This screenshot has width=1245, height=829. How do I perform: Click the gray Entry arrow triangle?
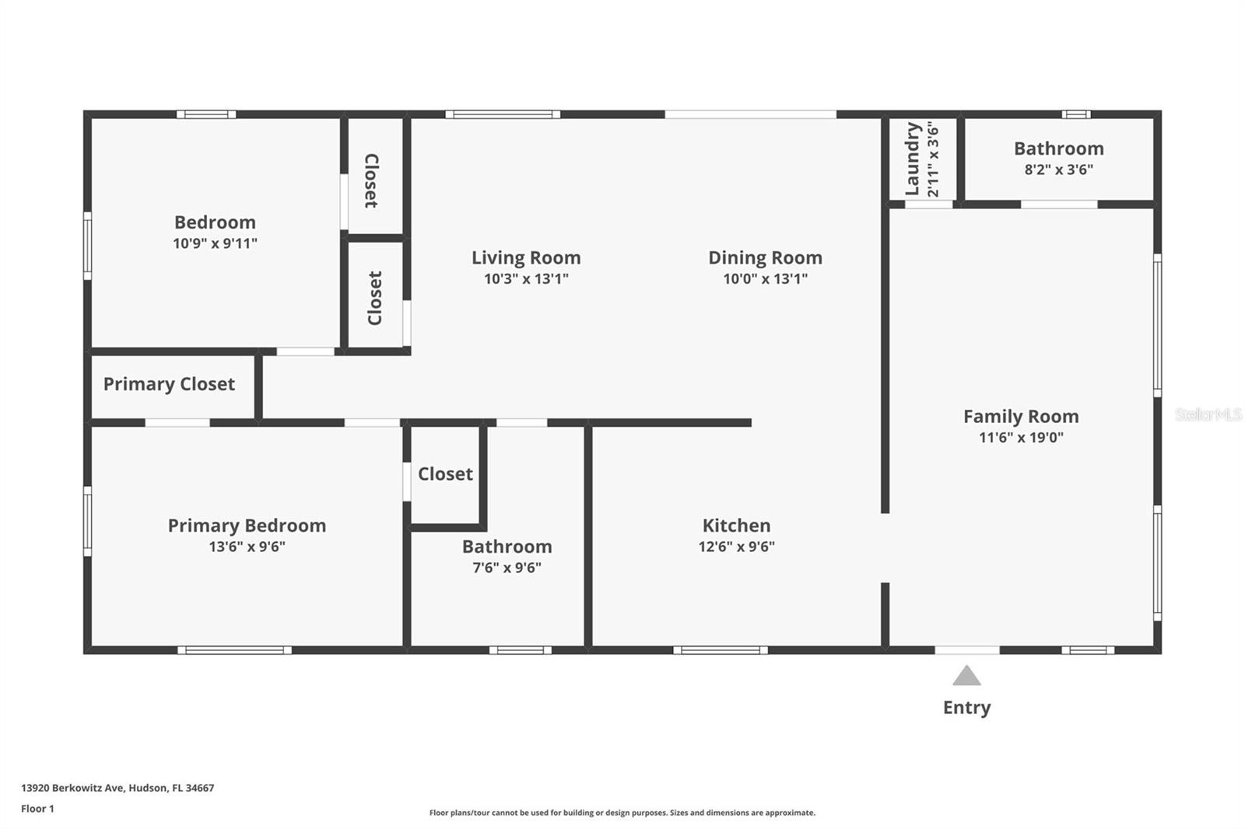(x=966, y=676)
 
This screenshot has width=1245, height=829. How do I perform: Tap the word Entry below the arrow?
(x=966, y=708)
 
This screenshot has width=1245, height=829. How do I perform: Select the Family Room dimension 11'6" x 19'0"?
(x=1021, y=438)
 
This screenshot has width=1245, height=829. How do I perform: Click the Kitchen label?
(x=736, y=526)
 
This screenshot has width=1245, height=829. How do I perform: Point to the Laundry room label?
(x=913, y=159)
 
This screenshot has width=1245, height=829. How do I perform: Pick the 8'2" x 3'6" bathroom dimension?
(x=1058, y=170)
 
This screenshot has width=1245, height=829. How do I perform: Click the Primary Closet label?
(x=169, y=384)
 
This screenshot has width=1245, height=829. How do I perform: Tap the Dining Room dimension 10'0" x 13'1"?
(x=765, y=279)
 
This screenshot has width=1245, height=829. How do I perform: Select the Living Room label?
(x=526, y=257)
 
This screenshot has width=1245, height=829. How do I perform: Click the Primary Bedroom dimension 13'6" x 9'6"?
(x=247, y=547)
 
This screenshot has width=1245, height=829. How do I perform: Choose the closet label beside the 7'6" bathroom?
(x=445, y=474)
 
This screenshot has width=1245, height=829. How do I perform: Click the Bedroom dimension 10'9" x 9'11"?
(x=215, y=243)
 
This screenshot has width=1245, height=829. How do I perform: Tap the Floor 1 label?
(x=37, y=809)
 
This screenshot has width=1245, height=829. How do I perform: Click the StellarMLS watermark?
(x=1208, y=415)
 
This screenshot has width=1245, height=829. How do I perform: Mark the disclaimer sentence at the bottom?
(x=622, y=813)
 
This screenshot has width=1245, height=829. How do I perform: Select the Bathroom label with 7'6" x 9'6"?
(x=507, y=547)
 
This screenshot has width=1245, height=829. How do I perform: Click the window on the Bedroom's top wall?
(x=206, y=114)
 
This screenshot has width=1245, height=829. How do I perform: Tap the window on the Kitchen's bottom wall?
(x=720, y=650)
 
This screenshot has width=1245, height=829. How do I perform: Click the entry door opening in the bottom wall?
(x=966, y=650)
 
